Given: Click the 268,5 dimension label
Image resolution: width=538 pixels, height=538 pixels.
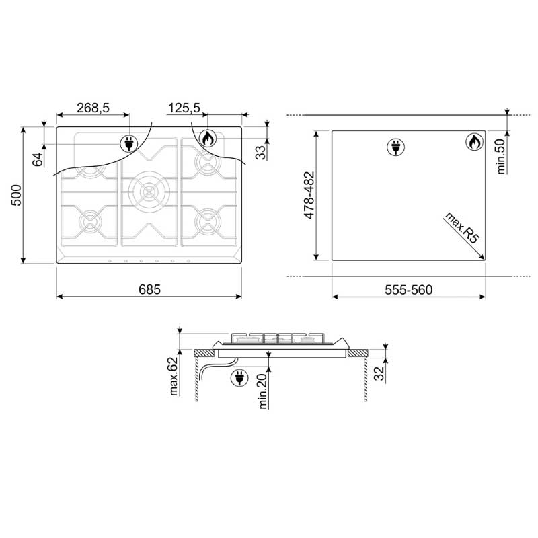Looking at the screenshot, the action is click(x=93, y=108).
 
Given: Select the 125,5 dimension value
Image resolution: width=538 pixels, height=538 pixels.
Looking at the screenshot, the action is click(x=184, y=108).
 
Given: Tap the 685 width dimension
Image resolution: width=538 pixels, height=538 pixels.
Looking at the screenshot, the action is click(x=149, y=290).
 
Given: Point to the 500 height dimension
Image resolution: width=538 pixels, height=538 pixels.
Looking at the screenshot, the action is click(x=16, y=195).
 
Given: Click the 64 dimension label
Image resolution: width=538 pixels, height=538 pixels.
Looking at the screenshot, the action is click(x=38, y=159).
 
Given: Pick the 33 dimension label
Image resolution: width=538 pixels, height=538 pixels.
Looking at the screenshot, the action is click(x=261, y=153).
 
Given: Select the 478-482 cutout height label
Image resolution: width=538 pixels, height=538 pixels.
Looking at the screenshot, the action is click(x=309, y=195).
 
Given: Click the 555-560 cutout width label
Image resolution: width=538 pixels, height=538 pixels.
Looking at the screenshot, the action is click(x=408, y=290).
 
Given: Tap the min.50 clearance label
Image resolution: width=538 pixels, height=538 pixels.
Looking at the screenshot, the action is click(x=501, y=156).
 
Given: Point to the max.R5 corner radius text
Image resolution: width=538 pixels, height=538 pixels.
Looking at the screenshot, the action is click(x=462, y=228).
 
